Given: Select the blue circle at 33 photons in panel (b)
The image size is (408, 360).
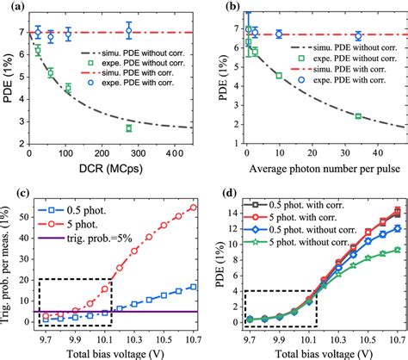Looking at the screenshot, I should point(358,36).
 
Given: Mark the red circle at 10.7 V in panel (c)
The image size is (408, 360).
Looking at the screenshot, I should point(191,208).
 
